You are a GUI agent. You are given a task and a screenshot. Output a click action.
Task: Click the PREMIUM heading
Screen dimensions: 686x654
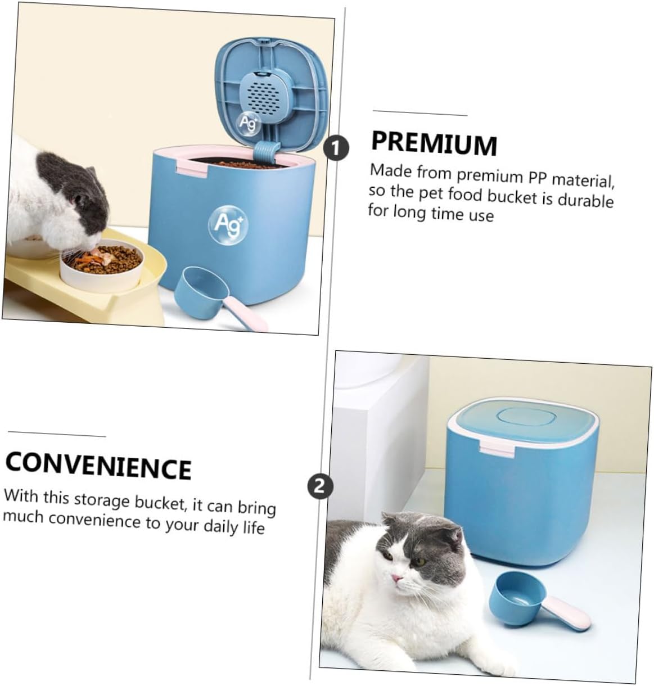point(434,143)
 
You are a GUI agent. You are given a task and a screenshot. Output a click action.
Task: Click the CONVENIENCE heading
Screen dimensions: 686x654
point(98,465)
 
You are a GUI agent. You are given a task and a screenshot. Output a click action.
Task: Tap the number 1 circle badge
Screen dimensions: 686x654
point(337,148)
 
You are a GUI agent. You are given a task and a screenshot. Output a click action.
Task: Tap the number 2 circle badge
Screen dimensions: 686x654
point(319,485)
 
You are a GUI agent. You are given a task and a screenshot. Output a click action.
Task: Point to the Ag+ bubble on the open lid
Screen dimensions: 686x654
point(248,122)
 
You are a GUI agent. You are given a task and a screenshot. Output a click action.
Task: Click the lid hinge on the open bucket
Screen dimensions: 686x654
point(266,151)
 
